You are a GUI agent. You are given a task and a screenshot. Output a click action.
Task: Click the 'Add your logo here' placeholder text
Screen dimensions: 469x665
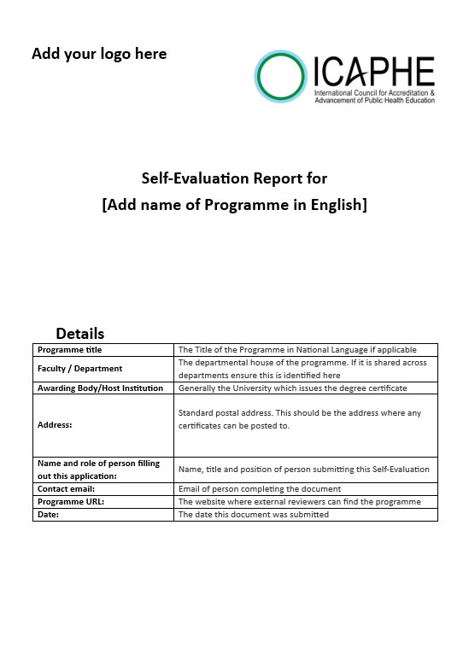click(99, 54)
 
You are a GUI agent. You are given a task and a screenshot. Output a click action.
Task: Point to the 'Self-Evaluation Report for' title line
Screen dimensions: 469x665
click(234, 178)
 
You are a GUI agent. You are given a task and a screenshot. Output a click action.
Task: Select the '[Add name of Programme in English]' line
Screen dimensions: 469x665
click(234, 205)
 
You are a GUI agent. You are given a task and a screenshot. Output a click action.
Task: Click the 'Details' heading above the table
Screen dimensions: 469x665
click(80, 333)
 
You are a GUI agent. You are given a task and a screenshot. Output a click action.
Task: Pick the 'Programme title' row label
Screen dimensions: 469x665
click(70, 350)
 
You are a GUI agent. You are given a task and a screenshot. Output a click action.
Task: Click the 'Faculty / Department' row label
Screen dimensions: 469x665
click(80, 369)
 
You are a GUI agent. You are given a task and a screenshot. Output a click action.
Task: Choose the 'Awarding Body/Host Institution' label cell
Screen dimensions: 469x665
click(100, 388)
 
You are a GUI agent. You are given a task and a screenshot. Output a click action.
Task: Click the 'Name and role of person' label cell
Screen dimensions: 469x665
click(98, 470)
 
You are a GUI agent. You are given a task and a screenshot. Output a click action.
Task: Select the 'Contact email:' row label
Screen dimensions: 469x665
click(69, 489)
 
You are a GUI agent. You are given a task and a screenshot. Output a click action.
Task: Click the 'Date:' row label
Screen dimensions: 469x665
click(48, 515)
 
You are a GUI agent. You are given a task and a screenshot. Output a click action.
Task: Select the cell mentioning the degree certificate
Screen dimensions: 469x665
click(292, 388)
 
